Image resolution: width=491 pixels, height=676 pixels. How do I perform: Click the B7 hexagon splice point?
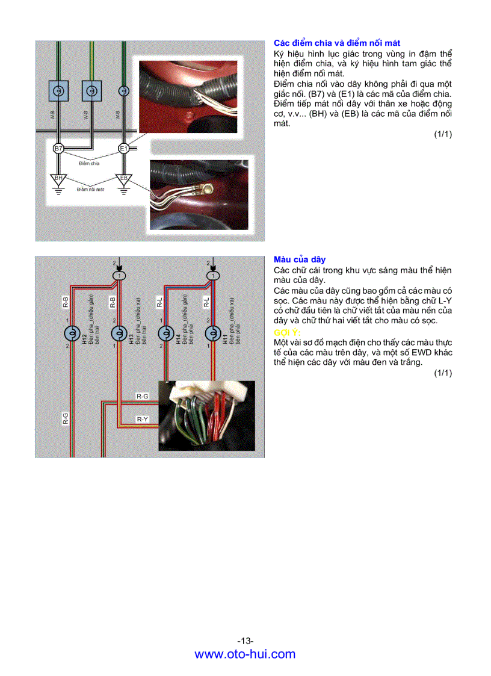click(x=58, y=148)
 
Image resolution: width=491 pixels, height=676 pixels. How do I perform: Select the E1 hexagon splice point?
click(x=124, y=148)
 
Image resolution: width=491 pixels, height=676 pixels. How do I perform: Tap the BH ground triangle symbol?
click(x=58, y=179)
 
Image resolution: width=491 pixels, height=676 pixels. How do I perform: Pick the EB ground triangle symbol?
click(x=124, y=179)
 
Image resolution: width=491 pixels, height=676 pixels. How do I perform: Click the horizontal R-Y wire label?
click(x=143, y=418)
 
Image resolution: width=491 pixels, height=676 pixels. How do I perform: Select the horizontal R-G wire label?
click(x=143, y=396)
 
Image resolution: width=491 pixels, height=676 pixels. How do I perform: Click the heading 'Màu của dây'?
click(x=300, y=259)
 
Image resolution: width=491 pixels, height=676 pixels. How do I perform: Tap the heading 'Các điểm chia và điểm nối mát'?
click(x=337, y=43)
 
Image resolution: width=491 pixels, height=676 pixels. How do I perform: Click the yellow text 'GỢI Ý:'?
click(x=288, y=332)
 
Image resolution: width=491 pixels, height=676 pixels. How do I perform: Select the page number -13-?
click(x=245, y=640)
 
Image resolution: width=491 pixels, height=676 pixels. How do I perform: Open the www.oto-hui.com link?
click(x=245, y=654)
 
